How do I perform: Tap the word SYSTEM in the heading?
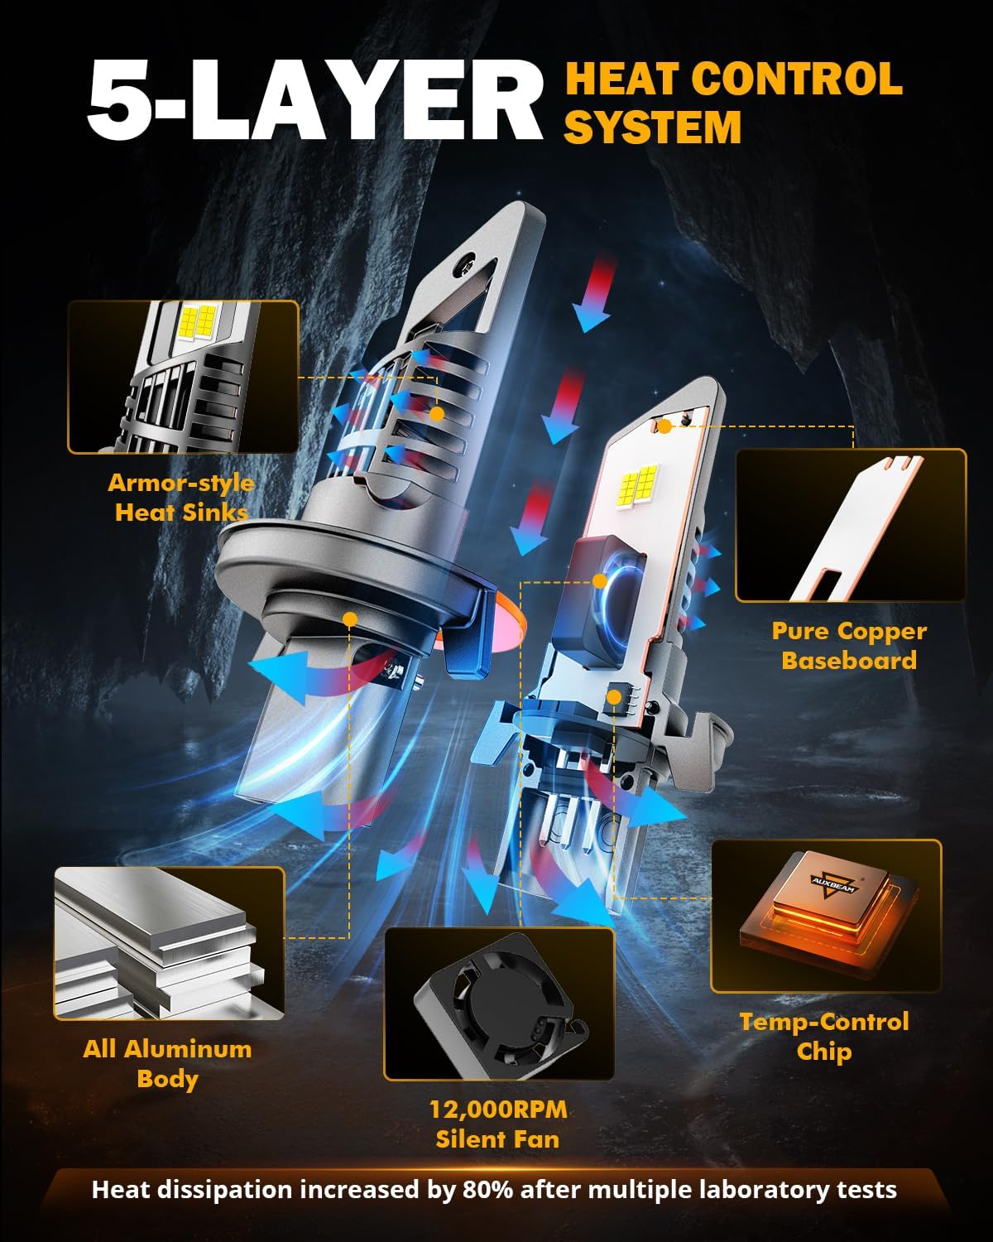653,127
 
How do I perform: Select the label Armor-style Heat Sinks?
181,498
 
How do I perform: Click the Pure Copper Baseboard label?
849,646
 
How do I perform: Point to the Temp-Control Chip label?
824,1037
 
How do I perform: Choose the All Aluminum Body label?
167,1064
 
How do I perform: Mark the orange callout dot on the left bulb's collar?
350,619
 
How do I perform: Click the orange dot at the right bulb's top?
664,427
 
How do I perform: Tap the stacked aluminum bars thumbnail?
170,943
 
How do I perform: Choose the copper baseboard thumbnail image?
851,525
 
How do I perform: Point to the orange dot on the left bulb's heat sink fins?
437,414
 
